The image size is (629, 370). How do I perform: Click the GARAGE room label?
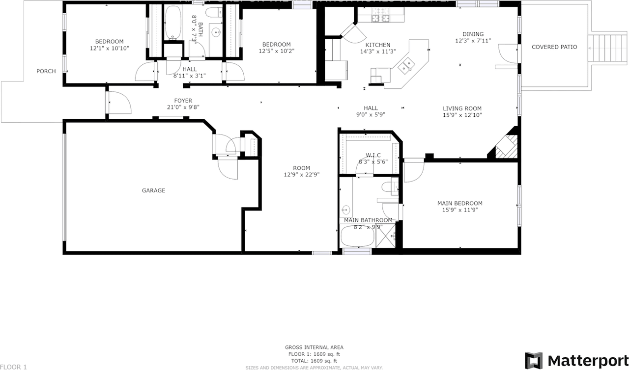[153, 190]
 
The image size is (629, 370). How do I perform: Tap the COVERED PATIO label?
[554, 47]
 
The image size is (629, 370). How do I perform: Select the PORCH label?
[46, 71]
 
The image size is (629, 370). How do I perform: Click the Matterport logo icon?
[534, 360]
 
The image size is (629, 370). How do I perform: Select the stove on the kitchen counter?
[380, 19]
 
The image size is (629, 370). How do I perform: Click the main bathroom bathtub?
[358, 237]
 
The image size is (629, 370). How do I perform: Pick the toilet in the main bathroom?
[392, 187]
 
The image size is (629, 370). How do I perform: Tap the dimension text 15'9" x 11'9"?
[460, 210]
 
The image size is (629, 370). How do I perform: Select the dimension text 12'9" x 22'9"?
[302, 175]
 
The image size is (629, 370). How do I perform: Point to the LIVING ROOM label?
[462, 109]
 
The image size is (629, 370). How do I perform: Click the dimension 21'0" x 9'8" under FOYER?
[183, 107]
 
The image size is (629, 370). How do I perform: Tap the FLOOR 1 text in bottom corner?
[14, 367]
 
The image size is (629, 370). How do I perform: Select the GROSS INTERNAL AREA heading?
[314, 347]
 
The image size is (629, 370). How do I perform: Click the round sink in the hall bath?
[216, 32]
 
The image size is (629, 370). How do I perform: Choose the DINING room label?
[473, 34]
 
